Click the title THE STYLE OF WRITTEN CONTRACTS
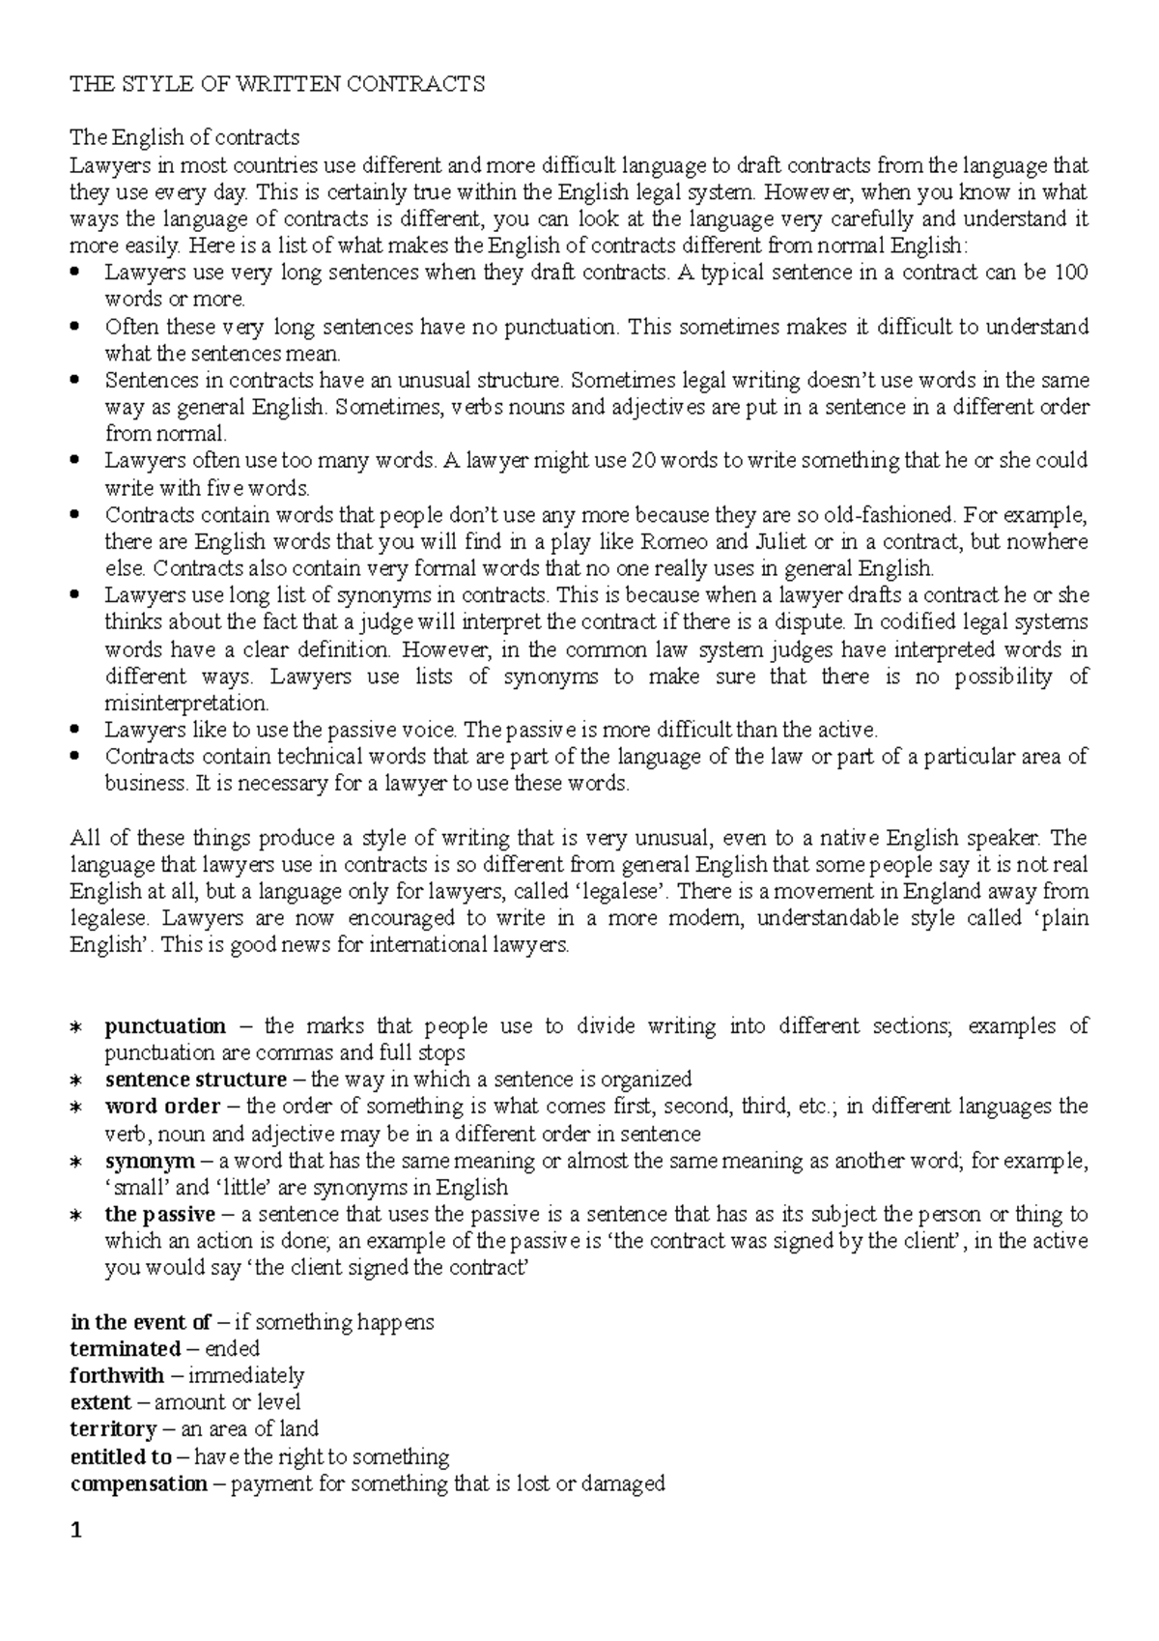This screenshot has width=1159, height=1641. click(277, 84)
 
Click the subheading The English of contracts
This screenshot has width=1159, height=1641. click(184, 137)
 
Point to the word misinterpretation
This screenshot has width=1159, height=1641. click(185, 703)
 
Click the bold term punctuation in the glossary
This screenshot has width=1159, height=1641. click(165, 1026)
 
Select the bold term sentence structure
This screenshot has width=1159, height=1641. click(195, 1080)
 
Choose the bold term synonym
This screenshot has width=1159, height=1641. click(149, 1161)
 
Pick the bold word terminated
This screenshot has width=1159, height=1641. click(126, 1349)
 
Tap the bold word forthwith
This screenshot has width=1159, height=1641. click(117, 1375)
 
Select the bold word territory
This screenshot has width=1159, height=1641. click(113, 1429)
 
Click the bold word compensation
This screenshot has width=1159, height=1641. click(138, 1483)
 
